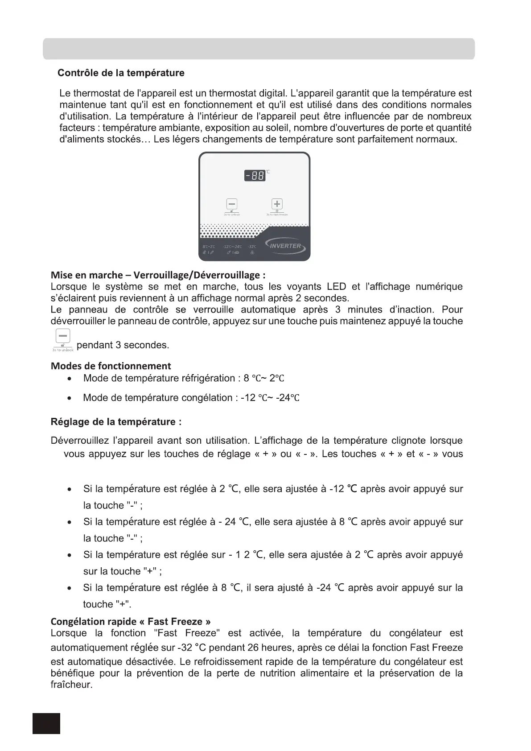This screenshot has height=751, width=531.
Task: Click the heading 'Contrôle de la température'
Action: click(x=121, y=73)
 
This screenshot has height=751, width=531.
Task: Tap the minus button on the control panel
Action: click(x=232, y=205)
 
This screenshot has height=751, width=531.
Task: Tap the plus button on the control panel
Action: click(x=277, y=204)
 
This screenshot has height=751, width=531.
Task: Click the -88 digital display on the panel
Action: click(x=255, y=176)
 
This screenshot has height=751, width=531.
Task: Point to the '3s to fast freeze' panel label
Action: click(x=277, y=215)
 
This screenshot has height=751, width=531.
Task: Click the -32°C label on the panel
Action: click(x=252, y=247)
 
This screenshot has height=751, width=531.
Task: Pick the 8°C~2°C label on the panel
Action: click(x=209, y=247)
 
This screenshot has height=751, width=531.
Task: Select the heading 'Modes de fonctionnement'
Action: click(x=111, y=366)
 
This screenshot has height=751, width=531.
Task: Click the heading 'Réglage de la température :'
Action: click(x=116, y=422)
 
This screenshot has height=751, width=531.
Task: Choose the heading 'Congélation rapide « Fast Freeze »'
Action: click(x=131, y=621)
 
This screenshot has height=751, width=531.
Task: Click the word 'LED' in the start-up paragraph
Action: click(x=336, y=287)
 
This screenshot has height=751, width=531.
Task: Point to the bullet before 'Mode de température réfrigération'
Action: click(x=69, y=379)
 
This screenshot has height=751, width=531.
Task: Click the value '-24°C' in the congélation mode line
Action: click(x=288, y=398)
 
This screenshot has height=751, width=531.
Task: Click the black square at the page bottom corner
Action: click(x=46, y=723)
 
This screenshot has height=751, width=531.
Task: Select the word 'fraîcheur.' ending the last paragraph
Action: click(x=71, y=685)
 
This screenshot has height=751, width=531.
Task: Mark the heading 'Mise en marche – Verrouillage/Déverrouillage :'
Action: click(x=158, y=275)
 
